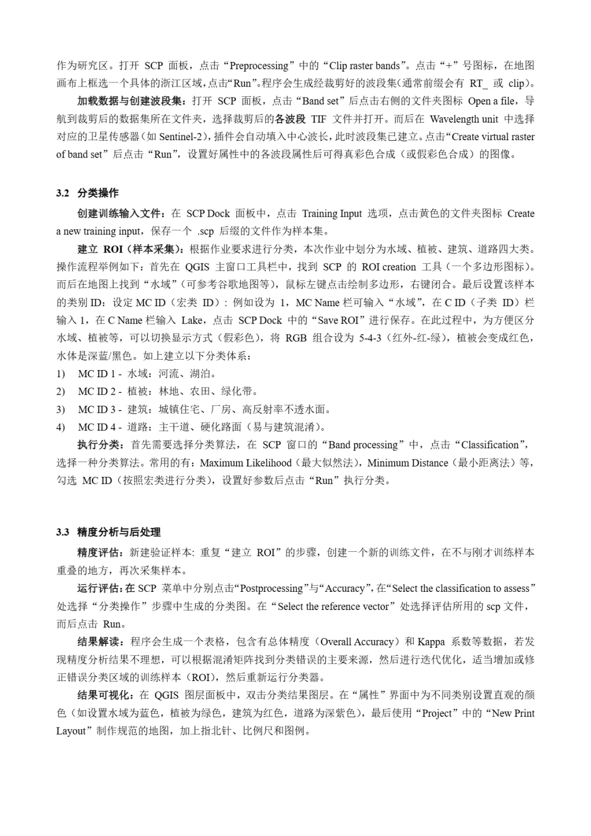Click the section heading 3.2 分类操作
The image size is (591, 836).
coord(88,193)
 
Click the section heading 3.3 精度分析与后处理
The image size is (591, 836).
coord(108,532)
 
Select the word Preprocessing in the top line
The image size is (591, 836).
coord(259,66)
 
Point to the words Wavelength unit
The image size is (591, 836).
coord(464,119)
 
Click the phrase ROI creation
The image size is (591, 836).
coord(389,267)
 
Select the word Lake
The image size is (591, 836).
coord(192,320)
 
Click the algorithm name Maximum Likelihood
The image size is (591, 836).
coord(246,463)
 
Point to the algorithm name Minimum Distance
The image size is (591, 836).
coord(408,463)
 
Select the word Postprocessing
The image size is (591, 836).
coord(271,589)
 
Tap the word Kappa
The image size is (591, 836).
coord(431,642)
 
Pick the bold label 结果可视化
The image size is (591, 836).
coord(103,695)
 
